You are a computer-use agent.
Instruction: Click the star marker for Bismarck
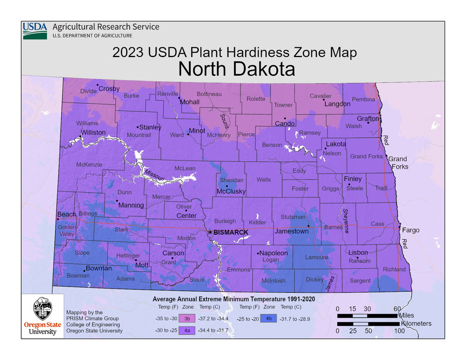[x=210, y=232]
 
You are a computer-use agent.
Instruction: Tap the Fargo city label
[x=410, y=230]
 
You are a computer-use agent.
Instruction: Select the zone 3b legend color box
[x=187, y=319]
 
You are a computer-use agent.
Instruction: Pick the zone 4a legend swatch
[x=187, y=330]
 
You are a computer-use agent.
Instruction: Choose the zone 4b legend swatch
[x=268, y=319]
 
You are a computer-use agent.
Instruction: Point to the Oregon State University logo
[x=43, y=315]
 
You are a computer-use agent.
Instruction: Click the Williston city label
[x=93, y=132]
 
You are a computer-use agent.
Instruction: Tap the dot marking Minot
[x=188, y=134]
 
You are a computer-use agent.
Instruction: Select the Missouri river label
[x=155, y=174]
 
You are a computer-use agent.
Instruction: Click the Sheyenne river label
[x=346, y=221]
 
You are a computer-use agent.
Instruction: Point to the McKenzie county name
[x=89, y=165]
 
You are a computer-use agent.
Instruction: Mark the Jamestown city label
[x=291, y=231]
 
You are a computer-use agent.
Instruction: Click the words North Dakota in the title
[x=236, y=69]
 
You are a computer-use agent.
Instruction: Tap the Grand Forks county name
[x=366, y=157]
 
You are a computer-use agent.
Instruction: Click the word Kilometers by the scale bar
[x=416, y=323]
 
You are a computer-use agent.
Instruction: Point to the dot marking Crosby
[x=97, y=85]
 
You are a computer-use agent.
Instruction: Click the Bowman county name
[x=78, y=276]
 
